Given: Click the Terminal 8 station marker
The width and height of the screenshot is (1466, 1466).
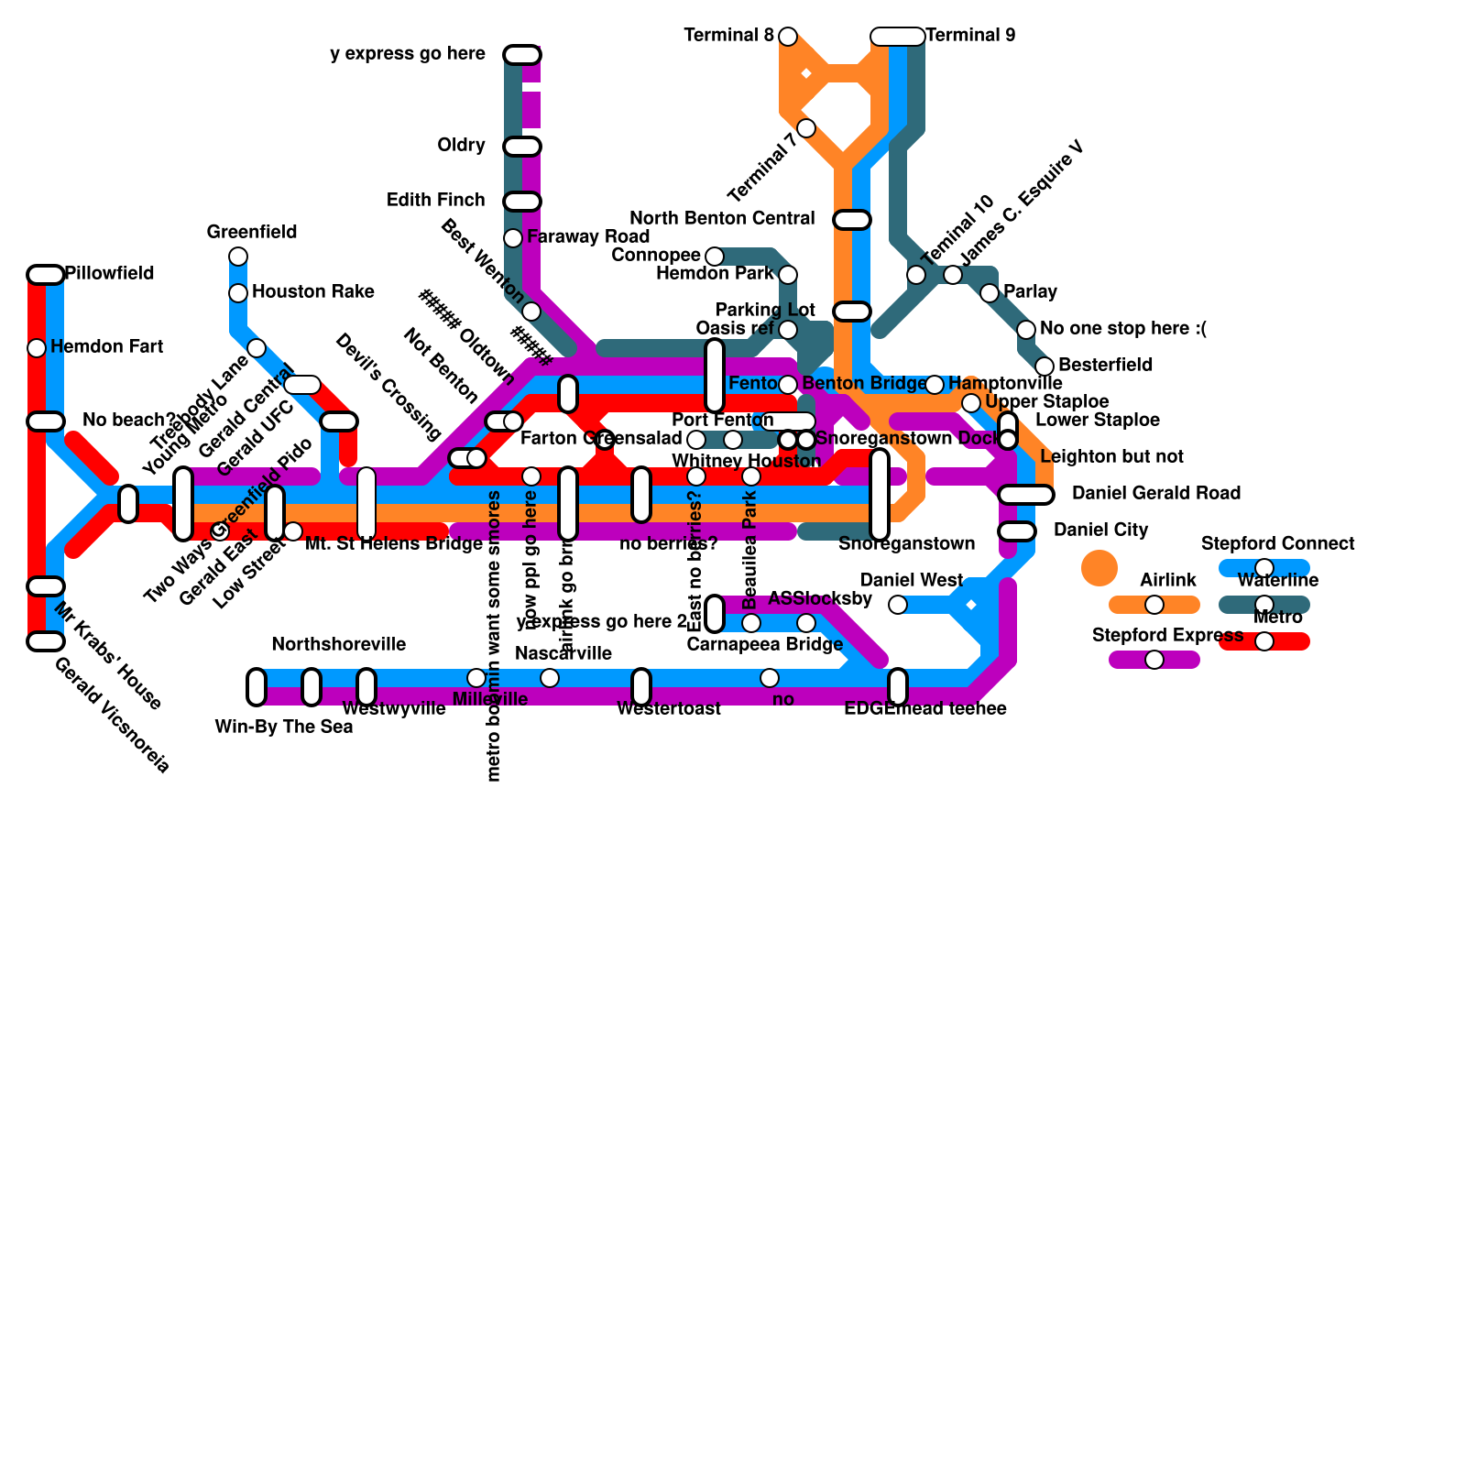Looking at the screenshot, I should coord(788,37).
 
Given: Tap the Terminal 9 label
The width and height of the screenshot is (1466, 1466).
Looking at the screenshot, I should coord(970,36).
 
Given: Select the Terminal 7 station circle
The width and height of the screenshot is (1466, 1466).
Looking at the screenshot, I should coord(806,128).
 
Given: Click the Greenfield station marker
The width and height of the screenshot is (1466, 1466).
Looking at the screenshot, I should coord(238,256).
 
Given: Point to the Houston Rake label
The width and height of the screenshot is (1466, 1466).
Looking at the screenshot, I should coord(312,292).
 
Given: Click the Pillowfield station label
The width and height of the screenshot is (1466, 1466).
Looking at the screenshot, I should coord(110,274).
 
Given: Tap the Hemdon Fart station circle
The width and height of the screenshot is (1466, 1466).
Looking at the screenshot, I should coord(37,348).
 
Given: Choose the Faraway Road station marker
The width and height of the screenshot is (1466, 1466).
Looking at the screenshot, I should coord(513,238).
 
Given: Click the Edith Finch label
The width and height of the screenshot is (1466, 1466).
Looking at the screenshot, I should coord(435,201).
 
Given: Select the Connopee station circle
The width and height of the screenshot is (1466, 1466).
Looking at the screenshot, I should coord(715,257).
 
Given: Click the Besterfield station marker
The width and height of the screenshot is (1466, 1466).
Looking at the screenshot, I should coord(1045,366).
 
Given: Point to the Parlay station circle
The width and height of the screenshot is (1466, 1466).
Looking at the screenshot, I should coord(990,293).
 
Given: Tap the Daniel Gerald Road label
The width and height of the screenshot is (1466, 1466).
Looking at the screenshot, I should coord(1155,494).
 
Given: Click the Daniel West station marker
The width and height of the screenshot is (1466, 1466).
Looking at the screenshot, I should coord(898,605).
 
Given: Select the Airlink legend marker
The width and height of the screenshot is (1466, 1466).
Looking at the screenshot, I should coord(1154,605).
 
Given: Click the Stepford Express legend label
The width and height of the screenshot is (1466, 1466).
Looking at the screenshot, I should coord(1167,636).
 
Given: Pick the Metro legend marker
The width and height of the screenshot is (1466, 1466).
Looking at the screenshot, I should coord(1264,641).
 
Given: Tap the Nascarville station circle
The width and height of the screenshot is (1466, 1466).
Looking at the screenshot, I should coord(550,678).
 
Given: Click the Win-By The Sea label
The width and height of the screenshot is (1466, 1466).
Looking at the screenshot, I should coord(283,728).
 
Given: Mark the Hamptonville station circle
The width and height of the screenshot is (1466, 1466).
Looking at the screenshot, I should coord(935,385).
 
